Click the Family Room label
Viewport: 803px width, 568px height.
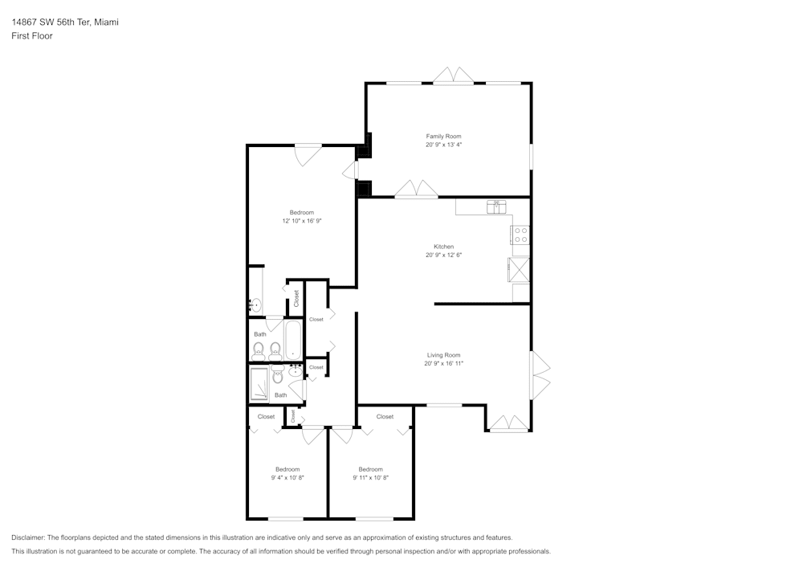pos(443,137)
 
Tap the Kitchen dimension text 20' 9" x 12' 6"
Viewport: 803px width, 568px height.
pos(443,255)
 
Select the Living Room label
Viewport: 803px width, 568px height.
pos(443,355)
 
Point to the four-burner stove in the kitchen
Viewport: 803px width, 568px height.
pos(520,235)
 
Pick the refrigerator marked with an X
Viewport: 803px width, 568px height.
pos(520,269)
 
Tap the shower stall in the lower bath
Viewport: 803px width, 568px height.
pos(260,384)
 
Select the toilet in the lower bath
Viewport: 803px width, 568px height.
pos(278,374)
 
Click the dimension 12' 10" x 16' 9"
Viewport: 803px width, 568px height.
pos(302,221)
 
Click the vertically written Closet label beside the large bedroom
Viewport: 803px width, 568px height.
pos(296,298)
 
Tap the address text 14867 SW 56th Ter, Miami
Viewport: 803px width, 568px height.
pos(65,22)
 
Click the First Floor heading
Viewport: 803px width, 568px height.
pos(32,36)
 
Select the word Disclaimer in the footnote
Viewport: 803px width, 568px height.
pos(28,537)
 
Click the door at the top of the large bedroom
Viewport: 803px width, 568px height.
pos(308,153)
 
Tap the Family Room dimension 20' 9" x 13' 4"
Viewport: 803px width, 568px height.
pos(443,145)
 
